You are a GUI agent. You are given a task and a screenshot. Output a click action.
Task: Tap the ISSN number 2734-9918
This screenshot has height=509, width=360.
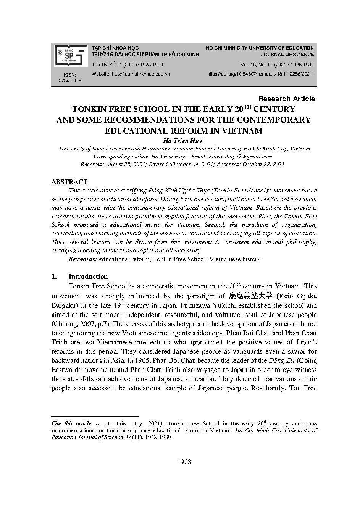pyautogui.click(x=70, y=81)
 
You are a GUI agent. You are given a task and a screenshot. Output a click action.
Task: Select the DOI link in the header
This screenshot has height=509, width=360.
pyautogui.click(x=260, y=74)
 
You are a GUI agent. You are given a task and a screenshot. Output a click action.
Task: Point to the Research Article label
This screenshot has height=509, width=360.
pyautogui.click(x=286, y=99)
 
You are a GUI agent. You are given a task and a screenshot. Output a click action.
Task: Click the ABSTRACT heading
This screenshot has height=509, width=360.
pyautogui.click(x=69, y=182)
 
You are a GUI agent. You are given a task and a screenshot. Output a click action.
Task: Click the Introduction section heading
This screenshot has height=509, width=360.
pyautogui.click(x=88, y=276)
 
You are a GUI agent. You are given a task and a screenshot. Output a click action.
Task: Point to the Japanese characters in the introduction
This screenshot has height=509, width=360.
pyautogui.click(x=251, y=296)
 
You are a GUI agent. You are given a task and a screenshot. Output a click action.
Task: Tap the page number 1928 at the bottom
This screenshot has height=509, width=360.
pyautogui.click(x=184, y=462)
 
